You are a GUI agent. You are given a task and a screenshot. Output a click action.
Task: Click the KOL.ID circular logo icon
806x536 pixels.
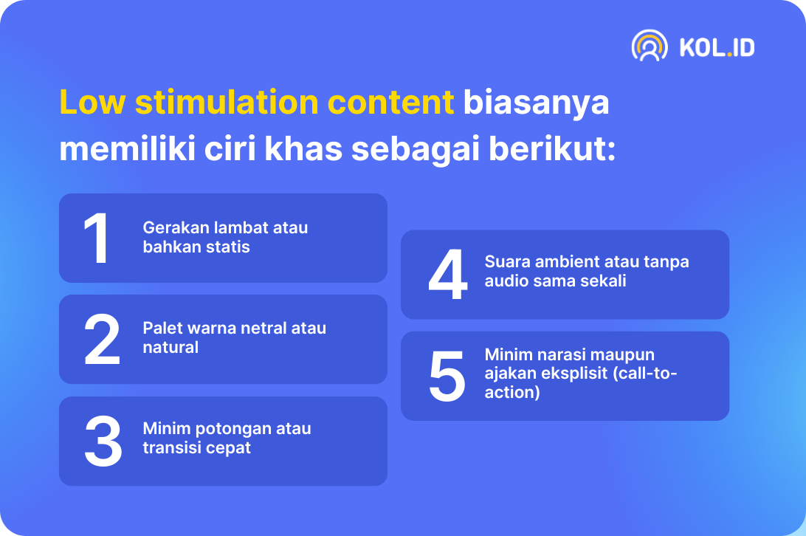(650, 46)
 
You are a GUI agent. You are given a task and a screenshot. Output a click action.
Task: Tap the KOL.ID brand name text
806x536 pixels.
(717, 48)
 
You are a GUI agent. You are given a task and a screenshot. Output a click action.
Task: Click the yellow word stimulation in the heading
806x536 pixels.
(227, 102)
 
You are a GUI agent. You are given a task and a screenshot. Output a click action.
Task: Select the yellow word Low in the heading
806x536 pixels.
(92, 102)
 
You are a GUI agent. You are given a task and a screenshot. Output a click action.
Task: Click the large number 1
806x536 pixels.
(96, 238)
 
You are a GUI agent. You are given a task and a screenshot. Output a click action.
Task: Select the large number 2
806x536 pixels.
(102, 340)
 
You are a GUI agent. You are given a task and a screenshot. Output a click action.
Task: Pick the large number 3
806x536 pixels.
(103, 441)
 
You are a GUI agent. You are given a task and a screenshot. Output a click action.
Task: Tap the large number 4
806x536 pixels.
(448, 274)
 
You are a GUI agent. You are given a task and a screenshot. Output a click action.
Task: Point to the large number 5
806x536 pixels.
(447, 376)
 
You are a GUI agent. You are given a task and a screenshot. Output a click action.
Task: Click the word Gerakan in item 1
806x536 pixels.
(176, 227)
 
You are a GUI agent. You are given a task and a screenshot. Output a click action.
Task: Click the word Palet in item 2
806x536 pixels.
(160, 328)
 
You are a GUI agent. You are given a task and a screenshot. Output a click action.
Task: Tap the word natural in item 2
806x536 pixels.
(170, 347)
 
